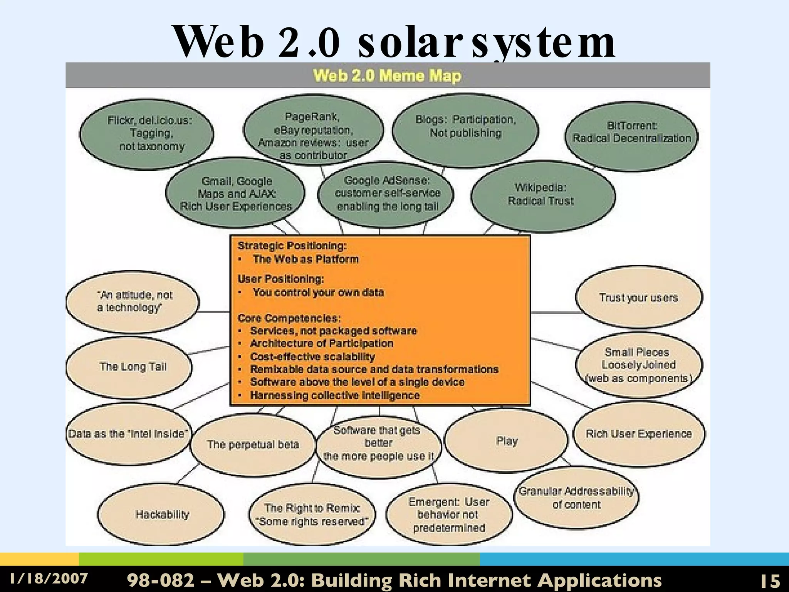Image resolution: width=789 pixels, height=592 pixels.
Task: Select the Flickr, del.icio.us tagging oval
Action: (x=147, y=134)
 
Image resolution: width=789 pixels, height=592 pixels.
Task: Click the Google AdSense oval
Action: (x=386, y=194)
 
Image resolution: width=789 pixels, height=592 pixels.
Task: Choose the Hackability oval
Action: (x=161, y=514)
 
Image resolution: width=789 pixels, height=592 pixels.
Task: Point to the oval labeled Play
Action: (x=506, y=441)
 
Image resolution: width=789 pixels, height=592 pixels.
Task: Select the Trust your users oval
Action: (x=639, y=297)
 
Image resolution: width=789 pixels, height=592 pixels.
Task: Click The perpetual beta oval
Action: (x=253, y=444)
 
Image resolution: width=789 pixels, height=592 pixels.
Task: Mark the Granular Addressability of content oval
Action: (x=576, y=498)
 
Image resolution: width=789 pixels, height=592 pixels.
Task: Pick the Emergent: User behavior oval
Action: (x=449, y=515)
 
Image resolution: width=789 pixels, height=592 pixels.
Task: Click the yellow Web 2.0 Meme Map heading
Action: (x=387, y=76)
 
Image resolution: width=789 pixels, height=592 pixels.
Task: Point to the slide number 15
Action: (x=769, y=580)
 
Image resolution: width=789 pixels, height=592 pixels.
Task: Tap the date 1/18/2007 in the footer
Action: (x=49, y=579)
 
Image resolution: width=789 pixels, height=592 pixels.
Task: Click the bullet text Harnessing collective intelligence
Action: (x=334, y=395)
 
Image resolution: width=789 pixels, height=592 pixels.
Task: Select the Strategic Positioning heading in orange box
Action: (x=292, y=246)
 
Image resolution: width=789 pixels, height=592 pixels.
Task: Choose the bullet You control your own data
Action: (x=318, y=292)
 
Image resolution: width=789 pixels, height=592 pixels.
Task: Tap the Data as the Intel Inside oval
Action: (x=128, y=434)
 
